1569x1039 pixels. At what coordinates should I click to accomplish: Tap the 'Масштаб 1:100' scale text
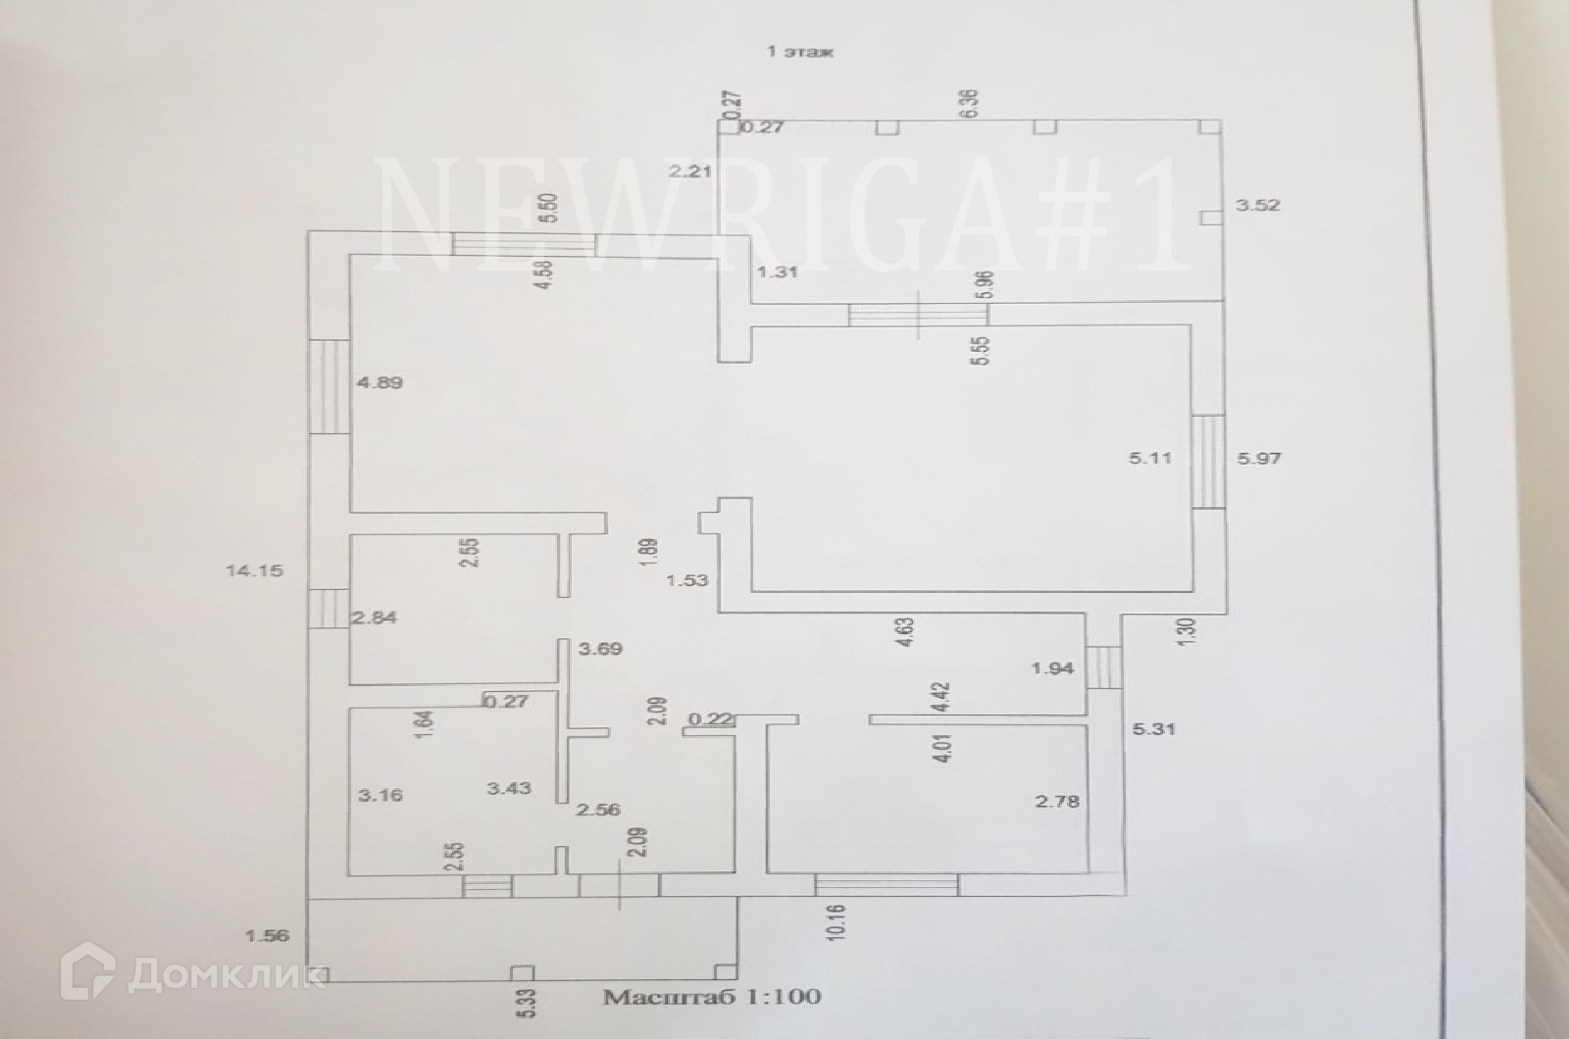(x=711, y=998)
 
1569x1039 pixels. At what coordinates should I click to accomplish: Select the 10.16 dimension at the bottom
(x=835, y=922)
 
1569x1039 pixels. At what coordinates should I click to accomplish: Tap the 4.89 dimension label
(x=380, y=383)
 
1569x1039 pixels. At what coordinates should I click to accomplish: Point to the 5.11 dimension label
(x=1152, y=458)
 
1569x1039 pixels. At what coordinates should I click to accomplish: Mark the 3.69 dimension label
(x=601, y=649)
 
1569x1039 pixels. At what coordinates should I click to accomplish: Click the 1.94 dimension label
(x=1052, y=669)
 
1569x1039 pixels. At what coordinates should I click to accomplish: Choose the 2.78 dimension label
(x=1057, y=802)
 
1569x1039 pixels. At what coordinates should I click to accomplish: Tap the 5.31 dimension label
(x=1153, y=728)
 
